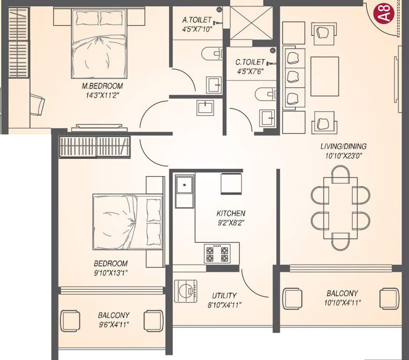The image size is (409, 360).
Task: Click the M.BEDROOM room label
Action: (102, 86)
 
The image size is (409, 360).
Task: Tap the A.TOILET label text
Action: (197, 20)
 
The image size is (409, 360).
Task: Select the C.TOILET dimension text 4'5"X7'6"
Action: (250, 72)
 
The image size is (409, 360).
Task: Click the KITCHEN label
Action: (231, 213)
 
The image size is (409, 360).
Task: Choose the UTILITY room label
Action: (224, 296)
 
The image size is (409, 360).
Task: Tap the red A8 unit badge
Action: (384, 13)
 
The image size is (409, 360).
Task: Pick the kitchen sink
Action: (185, 186)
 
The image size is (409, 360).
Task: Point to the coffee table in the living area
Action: (325, 76)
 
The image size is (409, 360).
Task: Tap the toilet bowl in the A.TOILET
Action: (212, 53)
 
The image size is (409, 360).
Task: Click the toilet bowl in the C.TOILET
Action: (265, 95)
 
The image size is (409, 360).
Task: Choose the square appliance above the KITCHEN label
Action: (230, 183)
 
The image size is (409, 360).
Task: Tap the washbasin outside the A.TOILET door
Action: (205, 107)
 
